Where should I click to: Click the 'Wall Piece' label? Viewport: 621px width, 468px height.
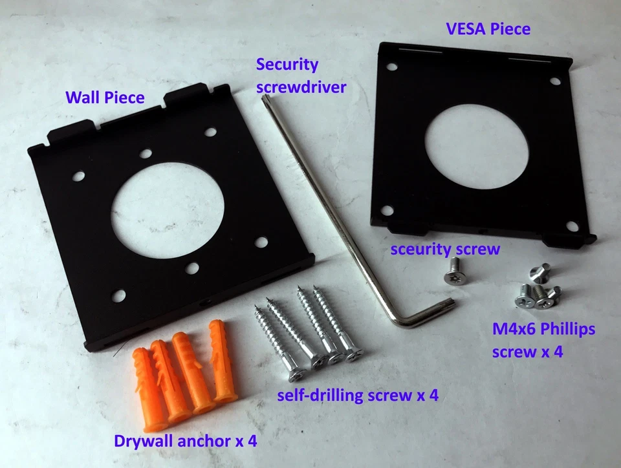tap(104, 98)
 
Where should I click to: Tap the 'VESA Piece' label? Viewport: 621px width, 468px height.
tap(488, 29)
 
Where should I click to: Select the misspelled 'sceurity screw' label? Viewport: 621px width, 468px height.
tap(444, 249)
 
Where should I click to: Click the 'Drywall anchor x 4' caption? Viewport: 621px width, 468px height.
tap(186, 442)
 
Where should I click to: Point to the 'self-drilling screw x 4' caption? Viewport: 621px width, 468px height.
tap(358, 396)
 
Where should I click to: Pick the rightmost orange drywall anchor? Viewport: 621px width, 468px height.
tap(222, 365)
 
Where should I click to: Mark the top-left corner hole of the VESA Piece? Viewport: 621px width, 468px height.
tap(391, 67)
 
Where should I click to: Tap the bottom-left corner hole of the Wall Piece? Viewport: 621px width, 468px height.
tap(118, 297)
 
